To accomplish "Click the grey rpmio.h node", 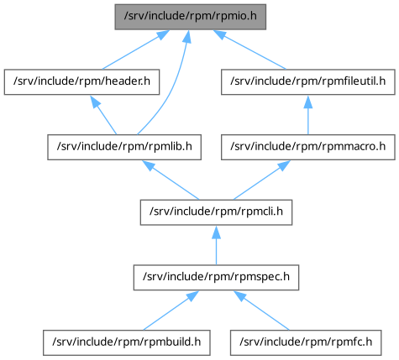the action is point(191,17).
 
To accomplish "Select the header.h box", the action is point(81,82).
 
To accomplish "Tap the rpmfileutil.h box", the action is point(308,82).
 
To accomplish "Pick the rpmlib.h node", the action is point(124,147).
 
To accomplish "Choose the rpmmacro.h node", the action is point(308,147).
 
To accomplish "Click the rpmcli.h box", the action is point(216,212).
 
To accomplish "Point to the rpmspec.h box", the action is point(216,278).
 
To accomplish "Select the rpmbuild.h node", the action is point(127,342).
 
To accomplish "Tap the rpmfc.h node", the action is point(306,342).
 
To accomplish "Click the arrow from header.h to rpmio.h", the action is point(136,50).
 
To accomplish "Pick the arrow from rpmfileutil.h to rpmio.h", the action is point(249,50).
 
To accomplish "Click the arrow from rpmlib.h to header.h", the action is point(103,115).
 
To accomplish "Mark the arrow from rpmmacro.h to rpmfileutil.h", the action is point(308,115).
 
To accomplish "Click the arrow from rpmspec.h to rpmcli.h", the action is point(216,245).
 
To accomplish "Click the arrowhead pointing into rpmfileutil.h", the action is point(308,102).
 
